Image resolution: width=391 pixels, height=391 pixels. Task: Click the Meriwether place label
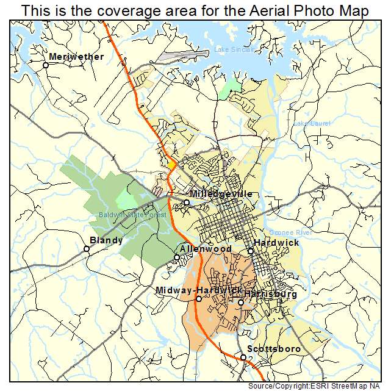point(76,57)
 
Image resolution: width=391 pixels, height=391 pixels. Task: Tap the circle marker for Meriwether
point(45,65)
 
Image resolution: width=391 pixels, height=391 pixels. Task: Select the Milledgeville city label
point(220,193)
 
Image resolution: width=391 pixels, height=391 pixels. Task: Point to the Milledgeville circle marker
point(187,202)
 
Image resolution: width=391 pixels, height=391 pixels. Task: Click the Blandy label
point(106,240)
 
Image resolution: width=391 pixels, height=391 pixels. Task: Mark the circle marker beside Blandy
point(87,248)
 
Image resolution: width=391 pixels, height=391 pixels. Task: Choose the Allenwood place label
point(205,249)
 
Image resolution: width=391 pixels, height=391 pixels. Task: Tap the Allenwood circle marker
point(177,257)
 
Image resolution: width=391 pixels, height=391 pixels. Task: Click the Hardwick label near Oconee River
point(276,243)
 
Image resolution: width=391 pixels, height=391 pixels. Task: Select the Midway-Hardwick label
point(198,290)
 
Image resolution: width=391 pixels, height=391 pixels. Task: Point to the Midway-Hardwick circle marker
point(198,299)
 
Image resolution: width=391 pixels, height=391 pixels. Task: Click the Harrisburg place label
point(271,294)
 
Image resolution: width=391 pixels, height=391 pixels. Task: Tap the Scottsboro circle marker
point(243,357)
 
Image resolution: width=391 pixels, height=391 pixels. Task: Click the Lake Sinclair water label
point(233,50)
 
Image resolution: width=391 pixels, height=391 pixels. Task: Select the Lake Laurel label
point(311,123)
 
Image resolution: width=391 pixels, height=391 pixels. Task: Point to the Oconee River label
point(290,232)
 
